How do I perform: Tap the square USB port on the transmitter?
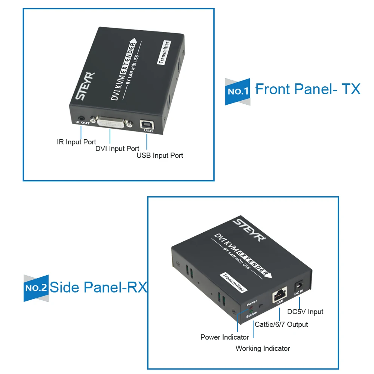coord(147,125)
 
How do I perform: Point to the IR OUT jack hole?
coord(81,118)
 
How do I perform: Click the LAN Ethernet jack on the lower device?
coord(279,295)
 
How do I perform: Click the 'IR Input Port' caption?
coord(76,142)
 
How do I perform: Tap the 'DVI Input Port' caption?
coord(117,148)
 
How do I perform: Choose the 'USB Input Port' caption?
coord(160,156)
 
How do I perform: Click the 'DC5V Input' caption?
coord(305,312)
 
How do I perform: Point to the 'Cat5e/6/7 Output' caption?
coord(281,324)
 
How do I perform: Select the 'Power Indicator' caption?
coord(225,337)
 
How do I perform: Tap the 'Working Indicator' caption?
coord(263,349)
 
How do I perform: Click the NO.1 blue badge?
coord(237,92)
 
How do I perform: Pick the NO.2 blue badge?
coord(36,288)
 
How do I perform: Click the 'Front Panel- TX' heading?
coord(308,89)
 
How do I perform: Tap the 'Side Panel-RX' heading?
coord(98,287)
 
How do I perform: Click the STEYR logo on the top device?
coord(85,86)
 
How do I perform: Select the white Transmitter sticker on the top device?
coord(164,52)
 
